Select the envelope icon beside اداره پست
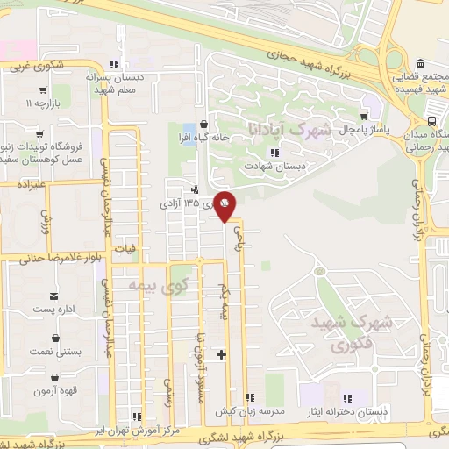[55, 297]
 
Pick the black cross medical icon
[221, 354]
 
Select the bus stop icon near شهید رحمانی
[432, 122]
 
